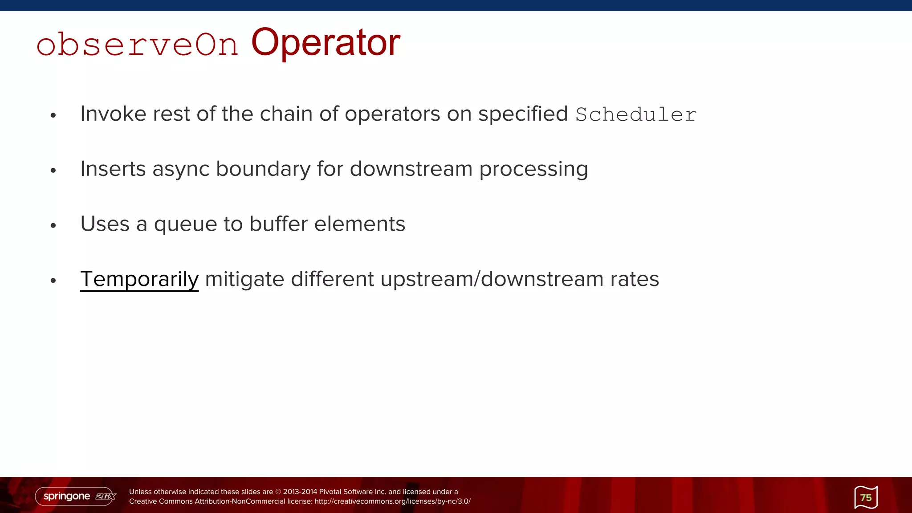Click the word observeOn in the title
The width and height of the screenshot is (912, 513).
137,45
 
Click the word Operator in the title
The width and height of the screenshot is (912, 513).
326,43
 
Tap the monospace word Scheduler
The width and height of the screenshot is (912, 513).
635,115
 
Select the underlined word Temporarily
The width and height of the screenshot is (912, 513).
139,279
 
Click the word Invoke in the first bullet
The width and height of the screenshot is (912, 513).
113,114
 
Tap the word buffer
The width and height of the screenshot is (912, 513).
278,224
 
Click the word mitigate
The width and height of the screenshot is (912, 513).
244,279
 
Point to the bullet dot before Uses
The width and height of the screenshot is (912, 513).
53,226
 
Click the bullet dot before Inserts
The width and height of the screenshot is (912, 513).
53,171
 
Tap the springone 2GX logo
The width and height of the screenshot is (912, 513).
76,496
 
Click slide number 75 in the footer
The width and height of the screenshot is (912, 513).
866,497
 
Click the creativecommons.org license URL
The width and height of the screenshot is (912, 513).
392,501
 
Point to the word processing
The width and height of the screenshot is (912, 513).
533,169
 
